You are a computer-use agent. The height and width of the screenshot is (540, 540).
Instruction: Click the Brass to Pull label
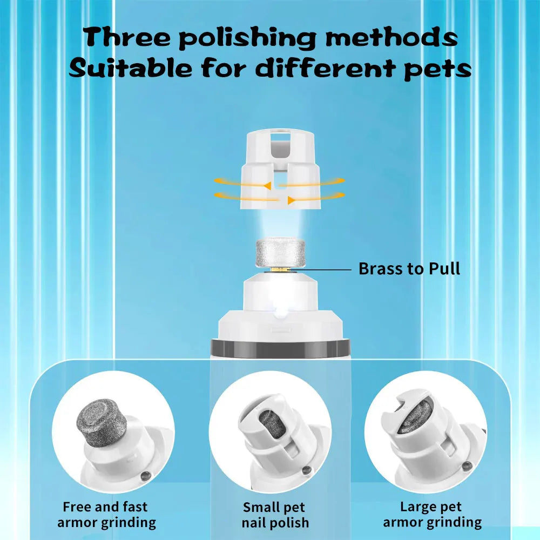409,268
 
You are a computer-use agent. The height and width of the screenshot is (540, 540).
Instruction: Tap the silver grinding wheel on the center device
280,252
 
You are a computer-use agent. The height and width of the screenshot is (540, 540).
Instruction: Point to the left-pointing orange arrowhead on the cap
267,186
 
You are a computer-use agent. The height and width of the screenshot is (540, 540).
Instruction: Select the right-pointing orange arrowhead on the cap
292,200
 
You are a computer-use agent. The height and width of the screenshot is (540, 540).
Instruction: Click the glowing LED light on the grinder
281,312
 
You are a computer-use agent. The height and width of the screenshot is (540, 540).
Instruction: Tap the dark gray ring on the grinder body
280,348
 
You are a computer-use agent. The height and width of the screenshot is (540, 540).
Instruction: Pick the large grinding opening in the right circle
415,417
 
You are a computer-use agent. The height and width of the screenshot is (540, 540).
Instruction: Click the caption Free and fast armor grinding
106,515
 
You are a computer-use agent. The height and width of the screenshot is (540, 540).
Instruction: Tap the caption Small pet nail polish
275,515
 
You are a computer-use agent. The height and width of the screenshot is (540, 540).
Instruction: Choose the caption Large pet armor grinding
432,515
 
